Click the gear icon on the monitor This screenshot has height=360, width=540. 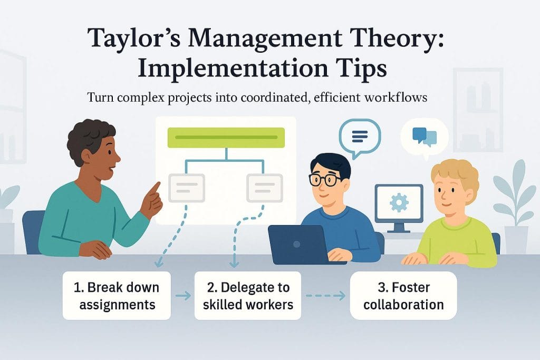(x=399, y=202)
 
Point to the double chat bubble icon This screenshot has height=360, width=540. (x=425, y=137)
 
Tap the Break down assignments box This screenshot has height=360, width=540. (x=117, y=296)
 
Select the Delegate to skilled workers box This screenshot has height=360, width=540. (x=248, y=296)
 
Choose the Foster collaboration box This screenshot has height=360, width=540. (x=403, y=296)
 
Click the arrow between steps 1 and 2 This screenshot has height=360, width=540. (x=183, y=296)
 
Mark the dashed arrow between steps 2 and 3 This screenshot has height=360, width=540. (x=325, y=296)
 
